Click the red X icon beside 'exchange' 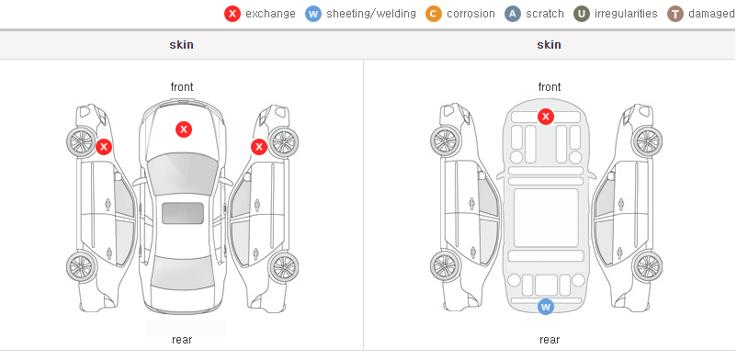point(232,14)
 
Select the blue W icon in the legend point(313,14)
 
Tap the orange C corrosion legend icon point(434,14)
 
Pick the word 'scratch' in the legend point(545,14)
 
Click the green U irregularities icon point(582,14)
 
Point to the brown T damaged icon point(675,14)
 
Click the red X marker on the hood point(184,129)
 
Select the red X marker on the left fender point(104,147)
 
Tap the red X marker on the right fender point(259,147)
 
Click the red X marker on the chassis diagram point(546,117)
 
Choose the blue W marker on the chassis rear point(546,307)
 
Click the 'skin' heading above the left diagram point(181,45)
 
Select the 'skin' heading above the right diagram point(549,45)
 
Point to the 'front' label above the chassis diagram point(550,87)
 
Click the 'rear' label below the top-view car point(182,340)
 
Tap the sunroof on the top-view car point(183,213)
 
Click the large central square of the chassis point(546,218)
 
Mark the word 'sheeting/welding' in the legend point(371,14)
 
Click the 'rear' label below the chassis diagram point(550,340)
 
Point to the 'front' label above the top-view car point(182,87)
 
